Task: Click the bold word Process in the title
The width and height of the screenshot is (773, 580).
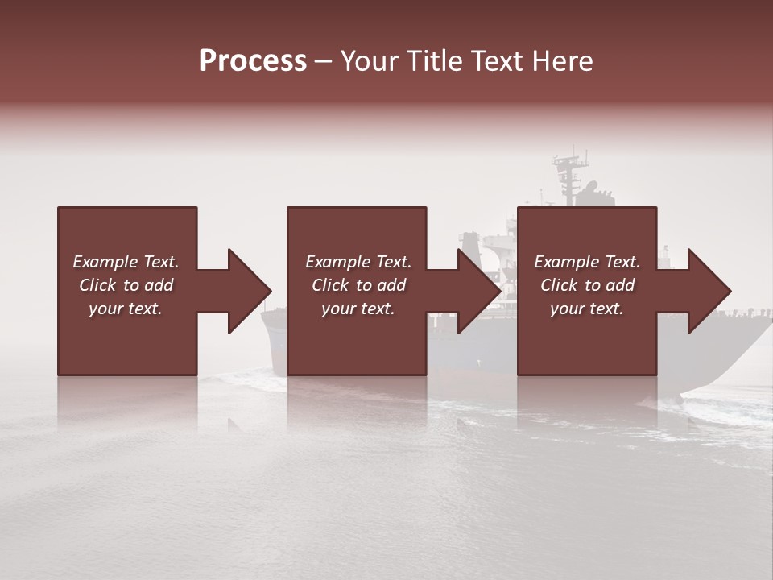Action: [x=253, y=60]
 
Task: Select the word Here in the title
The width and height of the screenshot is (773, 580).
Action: [x=564, y=60]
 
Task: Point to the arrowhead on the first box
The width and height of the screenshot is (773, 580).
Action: [x=249, y=291]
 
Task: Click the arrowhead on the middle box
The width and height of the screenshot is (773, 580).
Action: [x=479, y=291]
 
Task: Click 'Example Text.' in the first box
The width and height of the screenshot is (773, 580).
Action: [x=126, y=262]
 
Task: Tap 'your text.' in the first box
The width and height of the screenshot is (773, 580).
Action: [x=126, y=309]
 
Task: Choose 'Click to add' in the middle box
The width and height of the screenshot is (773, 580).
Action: [x=358, y=285]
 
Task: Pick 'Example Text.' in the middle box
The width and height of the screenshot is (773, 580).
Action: [x=358, y=262]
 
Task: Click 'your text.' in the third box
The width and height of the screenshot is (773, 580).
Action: [x=587, y=309]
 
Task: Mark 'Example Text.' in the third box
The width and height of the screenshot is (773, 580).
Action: [x=587, y=262]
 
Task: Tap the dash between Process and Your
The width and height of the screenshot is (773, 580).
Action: [x=323, y=61]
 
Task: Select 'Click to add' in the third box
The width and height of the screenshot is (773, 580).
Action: [x=587, y=285]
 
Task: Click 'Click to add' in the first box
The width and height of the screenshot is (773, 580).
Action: [x=126, y=285]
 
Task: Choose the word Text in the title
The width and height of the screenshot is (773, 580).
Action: [x=498, y=60]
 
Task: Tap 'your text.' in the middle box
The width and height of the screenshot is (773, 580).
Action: [x=358, y=309]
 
